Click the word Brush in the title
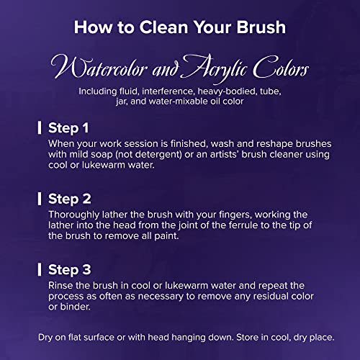[x=261, y=27]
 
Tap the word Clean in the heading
[x=163, y=27]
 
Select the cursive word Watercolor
[x=99, y=67]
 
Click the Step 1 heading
[x=68, y=127]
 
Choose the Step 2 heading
[x=70, y=199]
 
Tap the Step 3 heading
[x=70, y=269]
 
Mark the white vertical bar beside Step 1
[x=40, y=127]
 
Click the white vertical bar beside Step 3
[x=40, y=269]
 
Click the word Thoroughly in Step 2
[x=74, y=215]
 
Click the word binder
[x=75, y=307]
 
